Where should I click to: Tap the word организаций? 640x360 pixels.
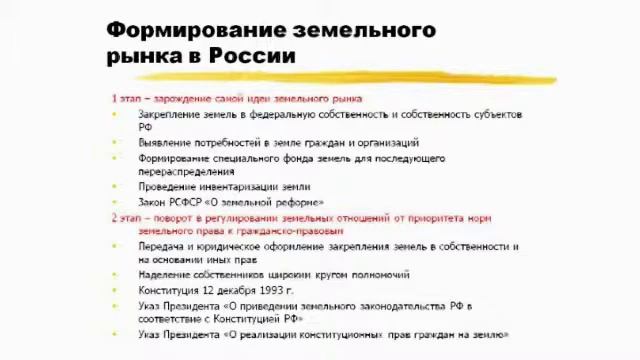click(385, 143)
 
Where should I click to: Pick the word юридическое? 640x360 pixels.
click(229, 246)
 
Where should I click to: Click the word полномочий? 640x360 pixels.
click(379, 275)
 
